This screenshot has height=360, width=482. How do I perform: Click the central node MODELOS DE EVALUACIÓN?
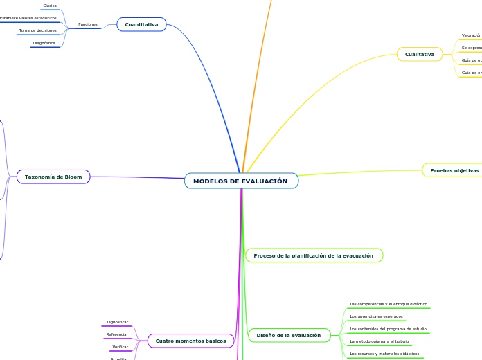click(x=240, y=181)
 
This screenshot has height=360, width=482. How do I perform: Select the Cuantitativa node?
click(x=141, y=25)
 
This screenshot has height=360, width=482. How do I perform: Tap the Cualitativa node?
click(x=420, y=54)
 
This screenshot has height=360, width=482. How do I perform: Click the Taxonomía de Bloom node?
click(x=53, y=177)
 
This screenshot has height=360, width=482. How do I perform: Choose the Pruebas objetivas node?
click(x=454, y=170)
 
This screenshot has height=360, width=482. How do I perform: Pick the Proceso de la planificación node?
click(x=313, y=256)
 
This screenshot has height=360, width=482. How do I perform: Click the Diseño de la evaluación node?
click(x=289, y=335)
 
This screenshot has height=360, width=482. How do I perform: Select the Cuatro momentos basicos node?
click(x=190, y=341)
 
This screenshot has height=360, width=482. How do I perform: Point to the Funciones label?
click(x=88, y=24)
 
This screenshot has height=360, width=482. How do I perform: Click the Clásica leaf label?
click(x=50, y=6)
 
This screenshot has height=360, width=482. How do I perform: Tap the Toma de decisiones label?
click(x=38, y=30)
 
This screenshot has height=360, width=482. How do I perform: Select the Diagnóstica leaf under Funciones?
click(x=44, y=43)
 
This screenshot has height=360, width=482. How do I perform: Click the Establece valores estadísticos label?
click(x=28, y=18)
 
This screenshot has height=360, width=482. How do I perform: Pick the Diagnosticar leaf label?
click(x=116, y=322)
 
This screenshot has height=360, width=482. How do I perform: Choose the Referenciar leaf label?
click(x=117, y=334)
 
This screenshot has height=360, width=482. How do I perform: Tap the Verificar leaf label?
click(x=120, y=347)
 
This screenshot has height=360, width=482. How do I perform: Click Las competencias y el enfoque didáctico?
click(x=389, y=304)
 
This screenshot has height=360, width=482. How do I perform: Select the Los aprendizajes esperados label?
click(x=377, y=316)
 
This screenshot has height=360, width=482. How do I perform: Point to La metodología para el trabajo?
click(x=380, y=341)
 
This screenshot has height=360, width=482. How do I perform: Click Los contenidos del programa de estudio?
click(x=388, y=329)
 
